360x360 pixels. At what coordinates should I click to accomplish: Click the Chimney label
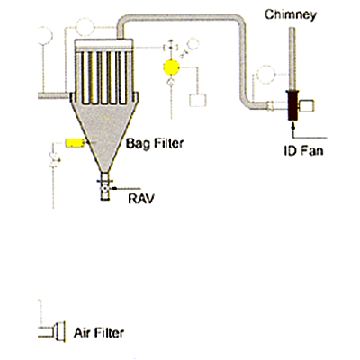coord(291,14)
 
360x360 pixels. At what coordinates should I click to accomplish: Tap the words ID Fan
coord(303,150)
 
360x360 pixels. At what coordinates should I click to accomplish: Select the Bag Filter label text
coord(155,143)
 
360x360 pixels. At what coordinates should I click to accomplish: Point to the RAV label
coord(141,199)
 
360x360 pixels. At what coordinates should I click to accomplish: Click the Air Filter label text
coord(99,333)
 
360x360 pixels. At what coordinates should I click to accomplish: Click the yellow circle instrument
coord(172,67)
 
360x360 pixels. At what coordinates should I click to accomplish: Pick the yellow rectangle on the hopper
coord(75,143)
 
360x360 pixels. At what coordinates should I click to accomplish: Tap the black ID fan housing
coord(292,105)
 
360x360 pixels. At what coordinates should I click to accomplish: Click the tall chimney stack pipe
coord(292,58)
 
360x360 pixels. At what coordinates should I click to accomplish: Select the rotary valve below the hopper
coord(104,189)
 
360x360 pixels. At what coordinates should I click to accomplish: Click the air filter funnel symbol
coord(60,331)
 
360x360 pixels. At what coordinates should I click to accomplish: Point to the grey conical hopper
coord(104,132)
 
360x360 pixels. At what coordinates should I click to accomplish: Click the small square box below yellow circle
coord(198,100)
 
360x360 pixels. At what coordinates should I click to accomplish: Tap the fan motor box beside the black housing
coord(307,106)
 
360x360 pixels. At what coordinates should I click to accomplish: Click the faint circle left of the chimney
coord(266,74)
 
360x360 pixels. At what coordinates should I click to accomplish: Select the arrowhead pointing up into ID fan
coord(293,126)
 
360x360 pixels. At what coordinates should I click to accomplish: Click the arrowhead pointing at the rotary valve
coord(113,188)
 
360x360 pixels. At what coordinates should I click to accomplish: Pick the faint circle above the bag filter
coord(85,27)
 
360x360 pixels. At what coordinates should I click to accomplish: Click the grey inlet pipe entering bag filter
coord(55,95)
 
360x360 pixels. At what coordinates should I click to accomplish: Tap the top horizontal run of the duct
coord(180,18)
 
